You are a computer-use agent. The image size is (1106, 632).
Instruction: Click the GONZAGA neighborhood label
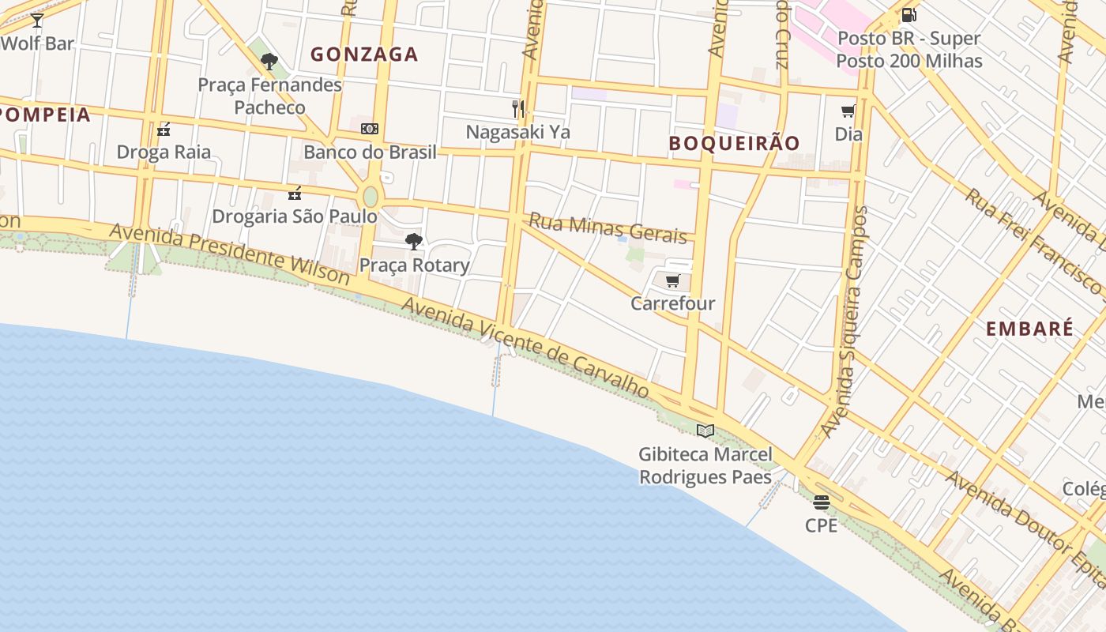tap(364, 55)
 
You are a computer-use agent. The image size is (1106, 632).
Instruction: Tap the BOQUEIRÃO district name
tap(734, 143)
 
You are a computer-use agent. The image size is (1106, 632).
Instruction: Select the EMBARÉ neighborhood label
tap(1029, 329)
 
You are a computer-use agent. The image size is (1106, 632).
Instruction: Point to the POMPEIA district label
tap(45, 115)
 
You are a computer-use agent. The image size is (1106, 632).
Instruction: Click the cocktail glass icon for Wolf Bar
tap(36, 21)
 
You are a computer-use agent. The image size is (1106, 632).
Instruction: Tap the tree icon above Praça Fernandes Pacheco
tap(269, 61)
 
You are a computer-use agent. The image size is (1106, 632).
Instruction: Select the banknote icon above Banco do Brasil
tap(370, 129)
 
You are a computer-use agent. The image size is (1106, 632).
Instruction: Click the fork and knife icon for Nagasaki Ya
tap(518, 108)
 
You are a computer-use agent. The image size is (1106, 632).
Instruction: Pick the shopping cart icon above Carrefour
tap(672, 280)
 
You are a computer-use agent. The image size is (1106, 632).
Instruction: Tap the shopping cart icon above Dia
tap(848, 111)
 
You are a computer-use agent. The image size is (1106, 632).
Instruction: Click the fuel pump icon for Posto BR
tap(909, 15)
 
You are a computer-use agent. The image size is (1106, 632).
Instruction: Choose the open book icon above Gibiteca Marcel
tap(705, 431)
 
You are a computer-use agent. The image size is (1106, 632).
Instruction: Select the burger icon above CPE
tap(822, 502)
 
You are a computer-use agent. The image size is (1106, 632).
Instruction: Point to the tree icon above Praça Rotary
tap(413, 242)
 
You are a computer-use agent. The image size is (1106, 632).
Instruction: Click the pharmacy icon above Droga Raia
tap(164, 129)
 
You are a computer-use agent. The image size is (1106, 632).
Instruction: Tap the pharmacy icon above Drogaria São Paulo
tap(295, 193)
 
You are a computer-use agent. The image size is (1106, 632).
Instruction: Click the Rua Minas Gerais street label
tap(608, 228)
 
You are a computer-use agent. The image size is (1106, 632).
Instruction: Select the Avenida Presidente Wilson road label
tap(229, 254)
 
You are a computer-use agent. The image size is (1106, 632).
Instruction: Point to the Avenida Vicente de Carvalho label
tap(525, 348)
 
